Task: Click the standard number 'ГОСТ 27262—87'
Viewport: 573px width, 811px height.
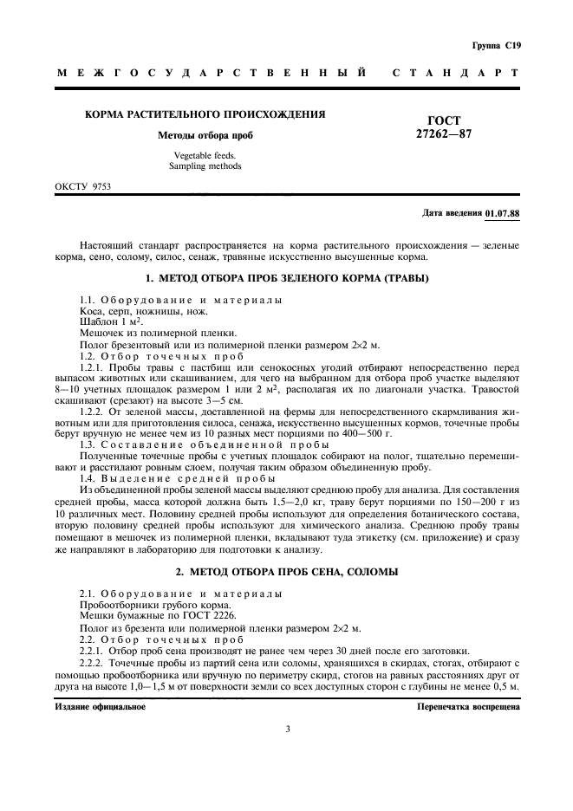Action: coord(445,127)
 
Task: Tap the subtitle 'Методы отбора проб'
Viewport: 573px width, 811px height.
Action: coord(205,135)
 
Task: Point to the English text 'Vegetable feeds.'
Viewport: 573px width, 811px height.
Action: coord(205,155)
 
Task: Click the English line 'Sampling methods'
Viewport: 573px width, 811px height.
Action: coord(205,165)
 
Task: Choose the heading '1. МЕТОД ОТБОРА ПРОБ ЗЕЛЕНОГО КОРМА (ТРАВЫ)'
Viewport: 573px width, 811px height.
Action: coord(287,278)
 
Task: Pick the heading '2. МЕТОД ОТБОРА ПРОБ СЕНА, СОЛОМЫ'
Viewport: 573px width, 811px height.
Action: coord(287,572)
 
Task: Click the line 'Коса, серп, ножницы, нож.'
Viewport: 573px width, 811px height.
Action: coord(132,310)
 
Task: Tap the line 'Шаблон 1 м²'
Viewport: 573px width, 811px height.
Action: coord(107,321)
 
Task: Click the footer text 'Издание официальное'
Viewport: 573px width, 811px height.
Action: coord(101,707)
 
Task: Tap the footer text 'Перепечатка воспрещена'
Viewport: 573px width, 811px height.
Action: coord(468,707)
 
